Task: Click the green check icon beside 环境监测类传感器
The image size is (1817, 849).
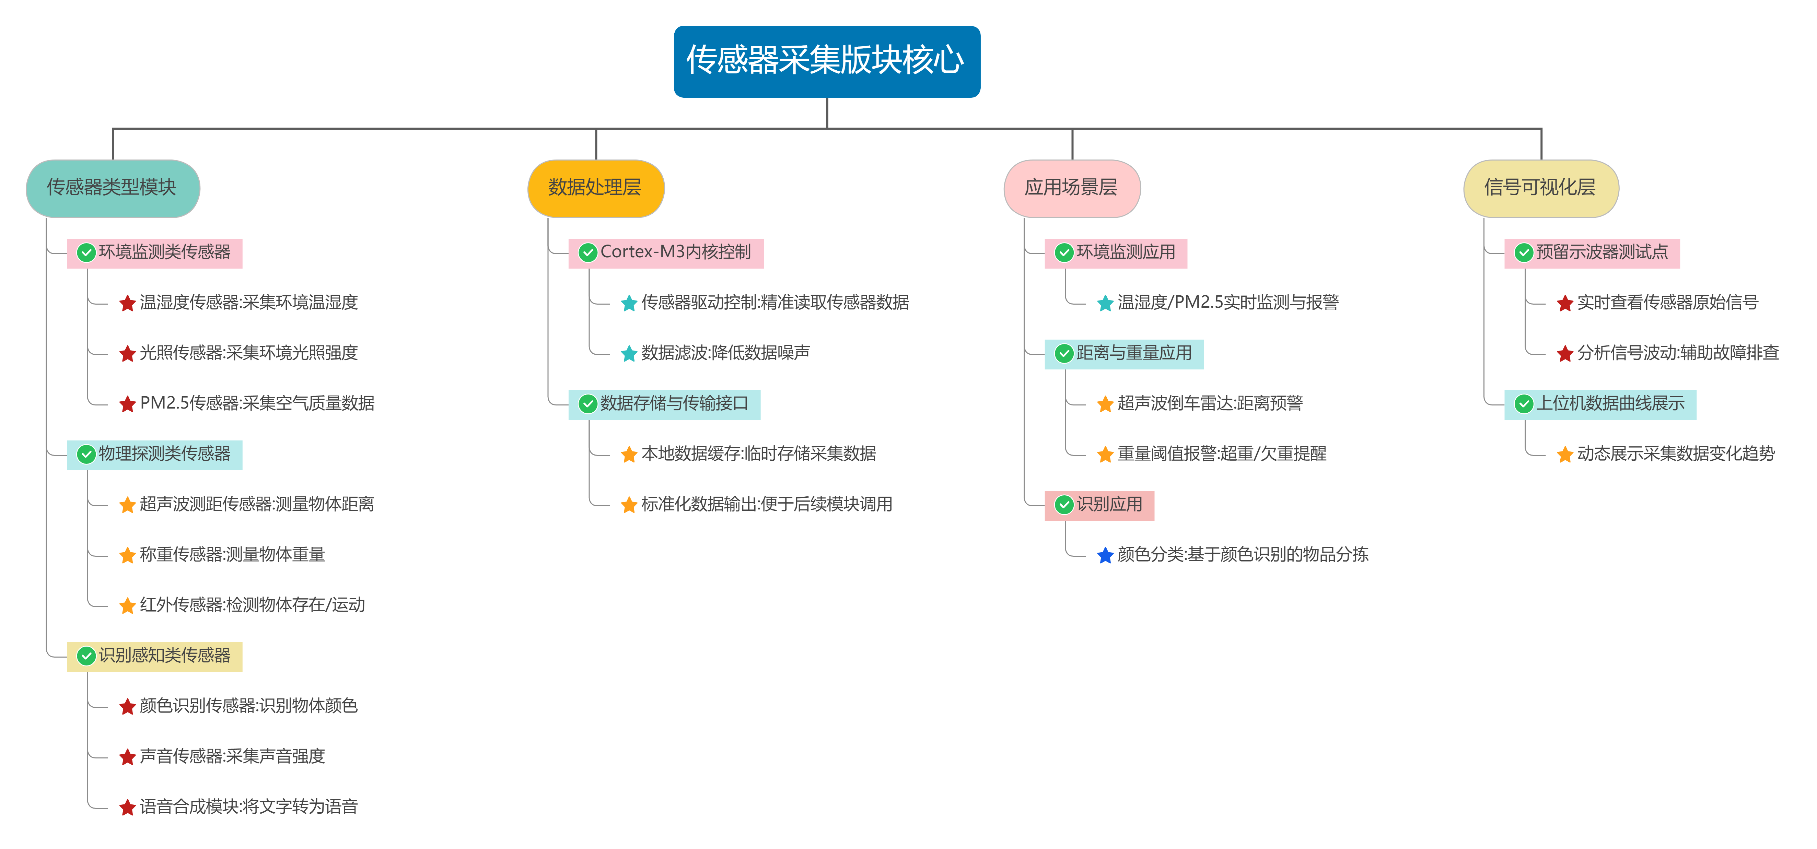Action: pos(86,253)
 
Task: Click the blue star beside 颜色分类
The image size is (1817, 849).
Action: pos(1105,556)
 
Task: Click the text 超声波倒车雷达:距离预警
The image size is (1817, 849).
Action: pos(1210,403)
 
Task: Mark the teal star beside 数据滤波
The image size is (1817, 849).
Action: pos(628,354)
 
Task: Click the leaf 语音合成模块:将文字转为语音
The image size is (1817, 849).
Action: pos(248,807)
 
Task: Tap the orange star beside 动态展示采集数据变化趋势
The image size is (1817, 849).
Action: pos(1564,455)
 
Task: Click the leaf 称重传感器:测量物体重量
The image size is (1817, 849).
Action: pos(232,555)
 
